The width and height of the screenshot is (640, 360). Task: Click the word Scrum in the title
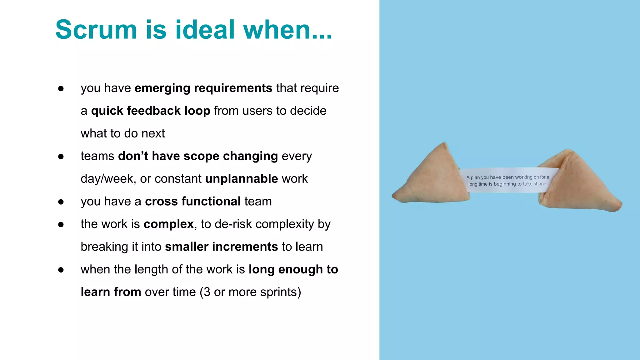[96, 30]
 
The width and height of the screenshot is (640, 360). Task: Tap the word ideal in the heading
[205, 30]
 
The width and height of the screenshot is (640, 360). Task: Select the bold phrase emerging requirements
[203, 88]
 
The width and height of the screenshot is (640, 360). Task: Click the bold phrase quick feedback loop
[151, 111]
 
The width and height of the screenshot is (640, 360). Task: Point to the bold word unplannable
[242, 179]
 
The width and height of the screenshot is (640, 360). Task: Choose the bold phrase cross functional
[193, 202]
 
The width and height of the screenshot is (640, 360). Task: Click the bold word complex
[169, 224]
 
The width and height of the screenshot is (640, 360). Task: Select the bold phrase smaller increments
[221, 247]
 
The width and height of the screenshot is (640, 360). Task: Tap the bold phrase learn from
[111, 292]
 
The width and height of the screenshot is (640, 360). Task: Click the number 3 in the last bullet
[207, 292]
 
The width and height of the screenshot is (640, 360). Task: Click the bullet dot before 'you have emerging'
[61, 89]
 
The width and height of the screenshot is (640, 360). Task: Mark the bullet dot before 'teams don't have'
[61, 157]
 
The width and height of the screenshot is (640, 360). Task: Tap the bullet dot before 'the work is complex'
[61, 225]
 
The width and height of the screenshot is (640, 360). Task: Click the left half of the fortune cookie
[433, 178]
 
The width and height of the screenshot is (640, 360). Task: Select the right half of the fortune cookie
[578, 184]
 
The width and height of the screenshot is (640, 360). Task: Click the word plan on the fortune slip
[475, 177]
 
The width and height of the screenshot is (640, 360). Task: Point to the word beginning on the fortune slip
[505, 184]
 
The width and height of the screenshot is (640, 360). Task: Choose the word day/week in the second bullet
[108, 179]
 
